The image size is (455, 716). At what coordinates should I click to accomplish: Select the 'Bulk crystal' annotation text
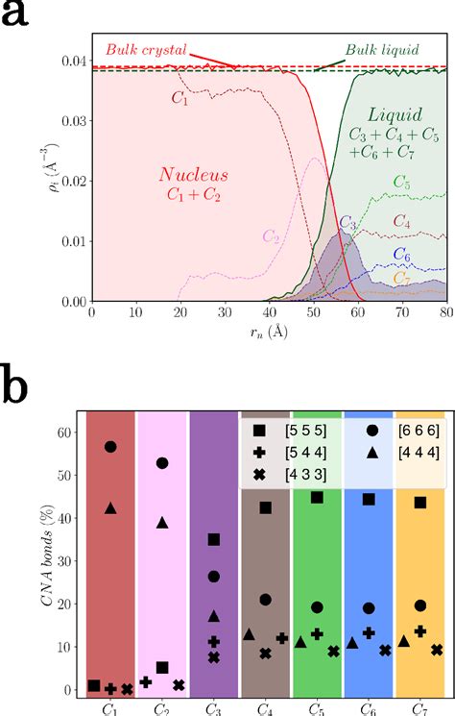click(x=143, y=49)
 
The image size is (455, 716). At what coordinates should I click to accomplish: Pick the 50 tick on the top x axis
click(x=313, y=314)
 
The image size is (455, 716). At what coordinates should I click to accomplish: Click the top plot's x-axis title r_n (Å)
click(x=269, y=333)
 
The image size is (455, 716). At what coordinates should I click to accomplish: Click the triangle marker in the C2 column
click(x=162, y=523)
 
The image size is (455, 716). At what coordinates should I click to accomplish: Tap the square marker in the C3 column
click(x=214, y=539)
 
